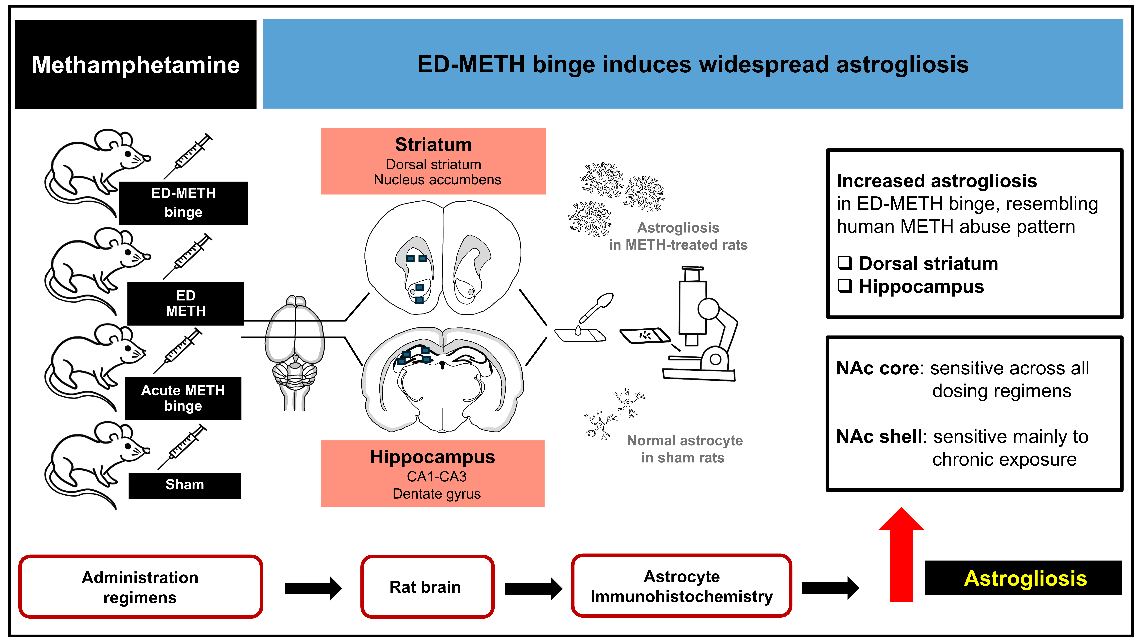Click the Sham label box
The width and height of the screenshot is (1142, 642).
(x=184, y=485)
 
